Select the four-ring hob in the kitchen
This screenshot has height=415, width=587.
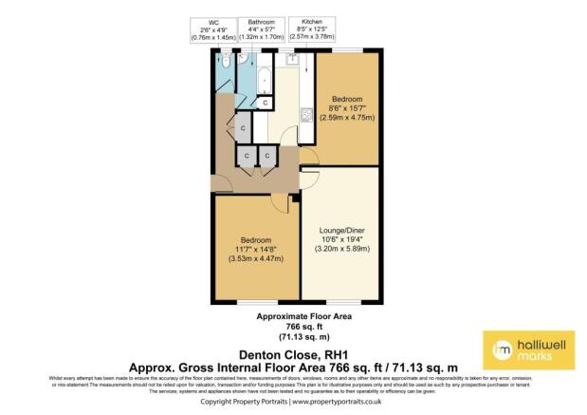click(308, 115)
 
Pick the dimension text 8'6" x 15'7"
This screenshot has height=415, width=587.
click(347, 108)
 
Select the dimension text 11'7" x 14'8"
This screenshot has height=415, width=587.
click(256, 248)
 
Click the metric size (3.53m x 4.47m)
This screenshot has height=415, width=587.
click(256, 258)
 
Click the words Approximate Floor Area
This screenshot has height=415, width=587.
click(293, 315)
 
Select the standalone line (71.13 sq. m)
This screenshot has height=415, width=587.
click(293, 336)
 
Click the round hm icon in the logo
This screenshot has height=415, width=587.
click(502, 349)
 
